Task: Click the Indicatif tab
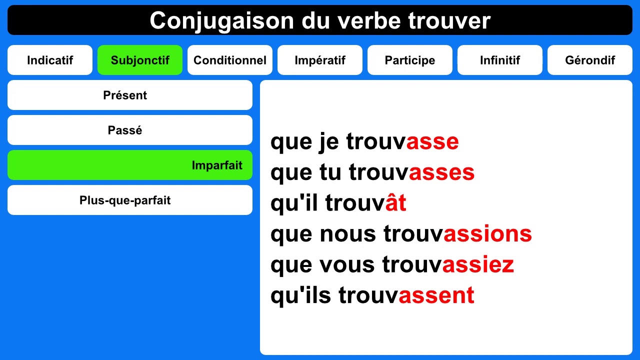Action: (50, 60)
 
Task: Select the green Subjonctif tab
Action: (140, 60)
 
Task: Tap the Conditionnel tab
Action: (230, 60)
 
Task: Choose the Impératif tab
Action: (320, 60)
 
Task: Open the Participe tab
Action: (410, 60)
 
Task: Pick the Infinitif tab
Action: (500, 60)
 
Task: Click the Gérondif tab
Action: (590, 60)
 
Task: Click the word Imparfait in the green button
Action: (217, 165)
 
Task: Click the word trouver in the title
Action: (449, 21)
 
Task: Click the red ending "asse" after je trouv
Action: (432, 142)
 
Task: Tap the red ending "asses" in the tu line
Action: (441, 172)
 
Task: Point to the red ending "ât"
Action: (395, 203)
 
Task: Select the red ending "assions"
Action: (487, 234)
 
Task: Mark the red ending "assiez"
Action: (478, 264)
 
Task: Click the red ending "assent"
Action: (436, 295)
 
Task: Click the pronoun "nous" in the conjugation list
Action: (347, 234)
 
